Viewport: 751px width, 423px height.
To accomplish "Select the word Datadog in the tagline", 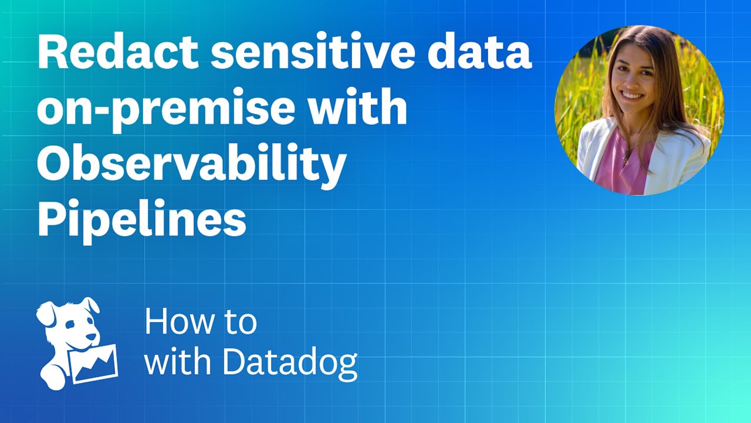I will (x=291, y=362).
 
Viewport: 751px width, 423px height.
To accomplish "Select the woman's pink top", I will (x=622, y=162).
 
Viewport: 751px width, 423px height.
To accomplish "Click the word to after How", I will (x=239, y=323).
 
